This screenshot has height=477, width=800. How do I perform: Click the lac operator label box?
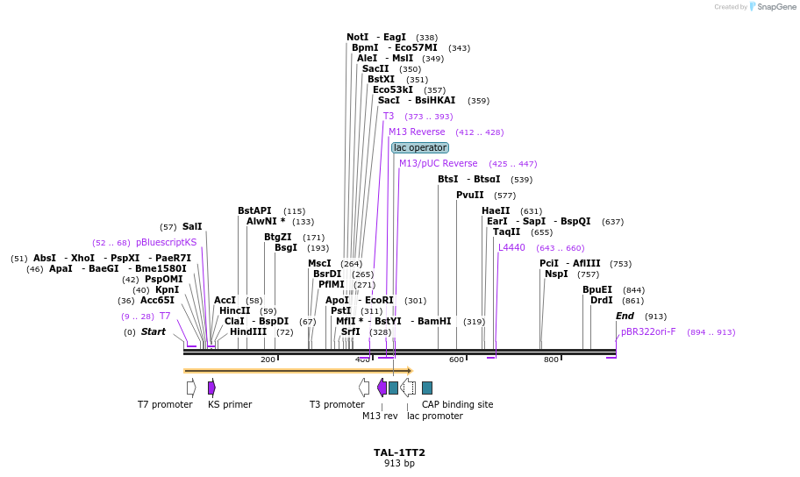pyautogui.click(x=420, y=148)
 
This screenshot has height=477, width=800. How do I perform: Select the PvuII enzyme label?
pyautogui.click(x=470, y=195)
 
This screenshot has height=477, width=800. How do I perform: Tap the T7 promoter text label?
pyautogui.click(x=165, y=404)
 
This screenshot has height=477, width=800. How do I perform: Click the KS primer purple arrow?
pyautogui.click(x=211, y=387)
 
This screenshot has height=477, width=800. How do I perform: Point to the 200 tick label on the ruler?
pyautogui.click(x=268, y=360)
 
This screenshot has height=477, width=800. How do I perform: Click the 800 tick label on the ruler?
pyautogui.click(x=551, y=360)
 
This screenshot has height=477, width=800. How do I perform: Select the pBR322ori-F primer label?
pyautogui.click(x=648, y=332)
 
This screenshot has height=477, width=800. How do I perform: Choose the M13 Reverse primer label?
pyautogui.click(x=417, y=132)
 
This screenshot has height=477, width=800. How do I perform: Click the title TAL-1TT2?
pyautogui.click(x=399, y=452)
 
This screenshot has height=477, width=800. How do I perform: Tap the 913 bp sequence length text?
pyautogui.click(x=399, y=464)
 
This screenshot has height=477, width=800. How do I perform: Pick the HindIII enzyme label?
pyautogui.click(x=248, y=332)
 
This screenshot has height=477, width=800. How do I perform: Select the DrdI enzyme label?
pyautogui.click(x=602, y=301)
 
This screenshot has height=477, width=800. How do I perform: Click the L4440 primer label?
pyautogui.click(x=511, y=248)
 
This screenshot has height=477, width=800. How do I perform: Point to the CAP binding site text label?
pyautogui.click(x=457, y=404)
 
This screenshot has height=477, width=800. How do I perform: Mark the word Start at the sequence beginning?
pyautogui.click(x=154, y=332)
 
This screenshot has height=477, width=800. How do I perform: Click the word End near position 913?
pyautogui.click(x=625, y=317)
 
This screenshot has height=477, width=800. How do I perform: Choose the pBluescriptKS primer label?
pyautogui.click(x=167, y=242)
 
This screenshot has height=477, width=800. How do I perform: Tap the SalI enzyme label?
pyautogui.click(x=192, y=226)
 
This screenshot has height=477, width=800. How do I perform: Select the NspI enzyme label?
pyautogui.click(x=556, y=274)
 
